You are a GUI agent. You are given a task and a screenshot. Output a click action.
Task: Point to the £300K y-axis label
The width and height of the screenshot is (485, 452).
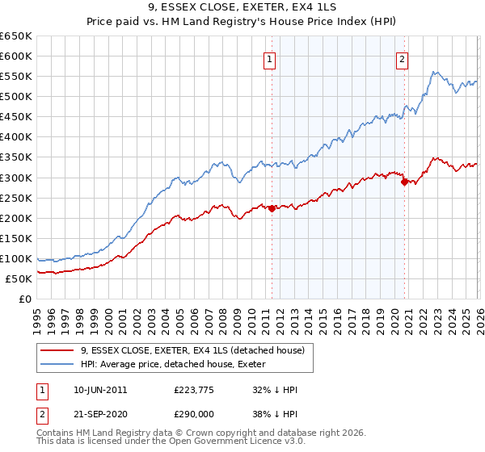pos(16,178)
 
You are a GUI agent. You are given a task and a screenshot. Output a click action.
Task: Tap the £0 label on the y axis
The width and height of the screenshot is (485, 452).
pos(25,299)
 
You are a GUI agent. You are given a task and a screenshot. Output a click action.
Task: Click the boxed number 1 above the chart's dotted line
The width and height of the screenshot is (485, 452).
pos(268,57)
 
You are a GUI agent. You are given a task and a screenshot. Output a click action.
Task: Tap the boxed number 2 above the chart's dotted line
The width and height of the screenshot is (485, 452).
pos(402,57)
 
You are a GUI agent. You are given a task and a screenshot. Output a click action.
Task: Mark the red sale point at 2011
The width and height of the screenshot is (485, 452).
pos(272,208)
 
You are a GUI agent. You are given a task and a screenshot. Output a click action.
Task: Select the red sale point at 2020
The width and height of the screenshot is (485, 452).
pos(403,182)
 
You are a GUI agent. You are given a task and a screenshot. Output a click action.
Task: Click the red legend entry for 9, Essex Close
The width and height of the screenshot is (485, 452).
pos(192,350)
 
